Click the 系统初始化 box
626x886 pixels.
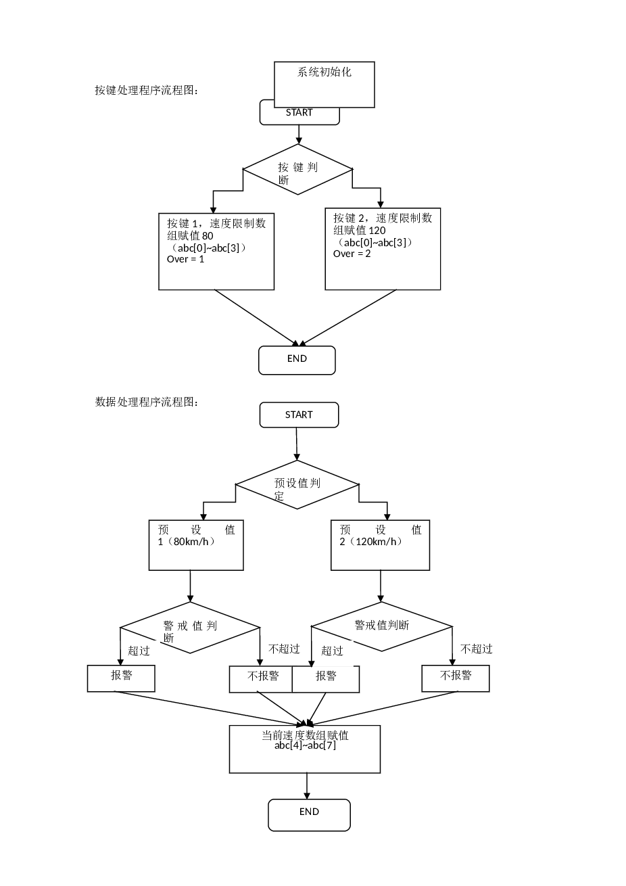tap(324, 83)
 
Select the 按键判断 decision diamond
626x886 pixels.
tap(298, 170)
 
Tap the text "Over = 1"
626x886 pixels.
tap(185, 259)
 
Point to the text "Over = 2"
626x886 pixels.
tap(352, 254)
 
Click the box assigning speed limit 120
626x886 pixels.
tap(383, 249)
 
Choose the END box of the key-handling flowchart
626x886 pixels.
tap(297, 360)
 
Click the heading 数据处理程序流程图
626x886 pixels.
tap(147, 402)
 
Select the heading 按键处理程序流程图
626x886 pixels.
tap(147, 90)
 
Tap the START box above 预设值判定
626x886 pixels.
tap(299, 415)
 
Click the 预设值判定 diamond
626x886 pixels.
tap(297, 485)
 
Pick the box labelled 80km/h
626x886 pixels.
tap(196, 545)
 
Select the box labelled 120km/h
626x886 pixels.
tap(380, 545)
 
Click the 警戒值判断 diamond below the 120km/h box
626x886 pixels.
tap(381, 626)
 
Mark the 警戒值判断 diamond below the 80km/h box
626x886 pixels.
tap(190, 628)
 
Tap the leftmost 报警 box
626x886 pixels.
tap(121, 678)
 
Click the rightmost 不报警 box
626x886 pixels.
tap(456, 678)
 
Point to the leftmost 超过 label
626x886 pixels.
tap(139, 651)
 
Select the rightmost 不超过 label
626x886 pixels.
tap(477, 649)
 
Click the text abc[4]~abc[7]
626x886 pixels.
tap(305, 746)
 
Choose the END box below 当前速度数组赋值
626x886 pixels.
tap(309, 814)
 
